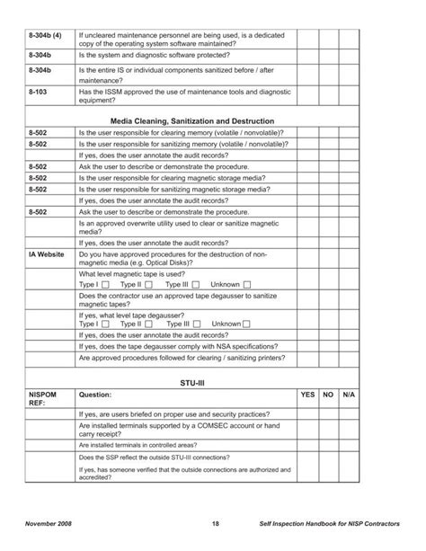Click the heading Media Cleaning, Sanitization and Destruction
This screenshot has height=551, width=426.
pos(204,120)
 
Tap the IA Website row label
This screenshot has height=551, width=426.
pos(46,254)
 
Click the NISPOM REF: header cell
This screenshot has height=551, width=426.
pos(45,398)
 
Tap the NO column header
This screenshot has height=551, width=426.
pos(329,394)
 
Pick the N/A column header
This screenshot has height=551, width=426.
pos(350,394)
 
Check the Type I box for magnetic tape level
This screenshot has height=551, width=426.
pos(105,285)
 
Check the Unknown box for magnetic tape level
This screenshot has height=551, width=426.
pos(246,285)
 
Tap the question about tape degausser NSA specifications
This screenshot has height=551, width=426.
pos(179,346)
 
